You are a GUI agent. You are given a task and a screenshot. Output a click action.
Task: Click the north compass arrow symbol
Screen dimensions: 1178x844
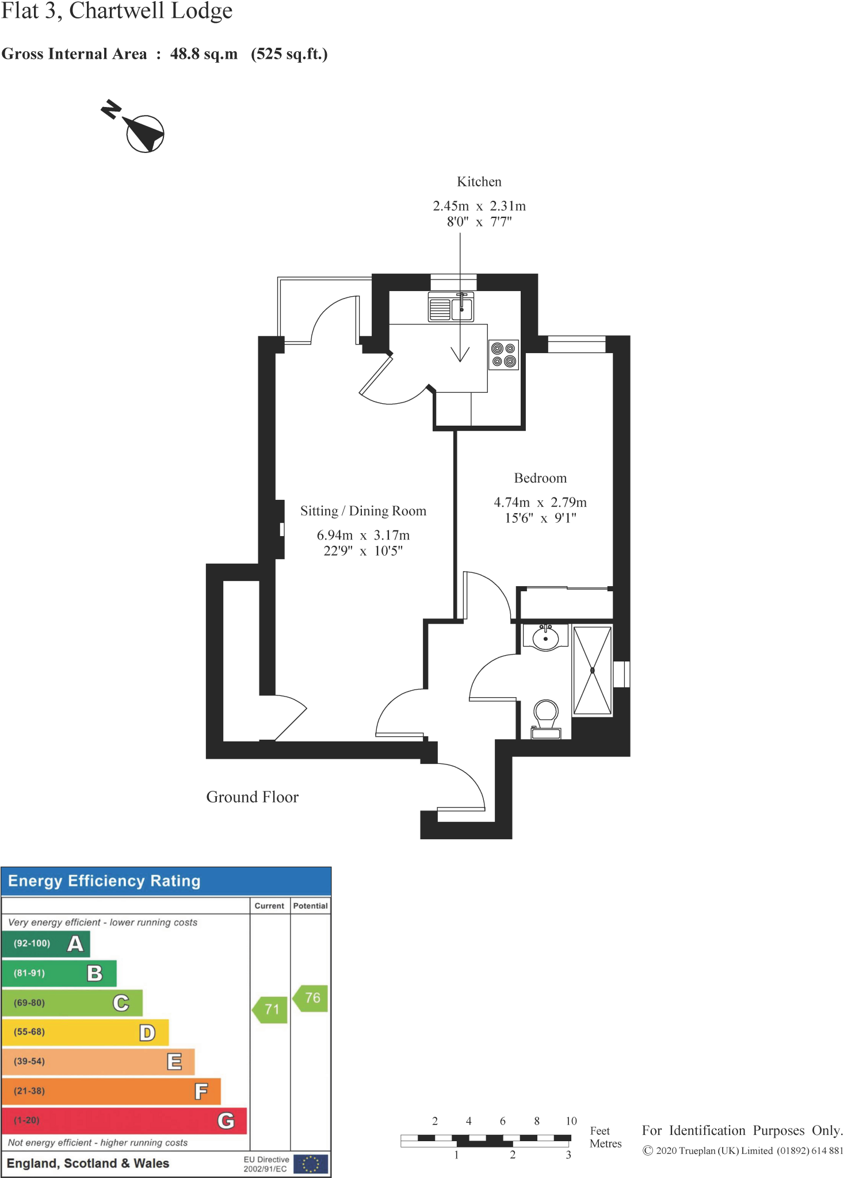144,133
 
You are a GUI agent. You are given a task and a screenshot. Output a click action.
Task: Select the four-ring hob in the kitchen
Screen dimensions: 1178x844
503,355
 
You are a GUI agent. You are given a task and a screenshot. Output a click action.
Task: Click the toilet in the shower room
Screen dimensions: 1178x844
546,718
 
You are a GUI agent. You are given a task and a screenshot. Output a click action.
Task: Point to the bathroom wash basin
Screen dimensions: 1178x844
545,637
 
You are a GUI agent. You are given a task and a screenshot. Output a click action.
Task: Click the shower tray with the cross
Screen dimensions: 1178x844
592,671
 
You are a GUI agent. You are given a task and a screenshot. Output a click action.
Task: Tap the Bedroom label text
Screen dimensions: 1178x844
540,478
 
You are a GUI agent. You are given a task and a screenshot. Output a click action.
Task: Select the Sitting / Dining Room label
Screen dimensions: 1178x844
363,511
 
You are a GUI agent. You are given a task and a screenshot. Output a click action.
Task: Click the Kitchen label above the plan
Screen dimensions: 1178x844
479,182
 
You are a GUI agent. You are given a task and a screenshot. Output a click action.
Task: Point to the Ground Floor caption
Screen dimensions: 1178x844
252,797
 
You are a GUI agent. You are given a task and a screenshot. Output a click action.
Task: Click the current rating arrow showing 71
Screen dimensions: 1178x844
270,1009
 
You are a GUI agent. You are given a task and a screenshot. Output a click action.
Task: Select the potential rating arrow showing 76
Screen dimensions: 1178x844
311,997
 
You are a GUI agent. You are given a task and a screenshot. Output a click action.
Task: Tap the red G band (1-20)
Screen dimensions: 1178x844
124,1120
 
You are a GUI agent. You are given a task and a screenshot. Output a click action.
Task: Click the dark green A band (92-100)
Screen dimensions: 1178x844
46,943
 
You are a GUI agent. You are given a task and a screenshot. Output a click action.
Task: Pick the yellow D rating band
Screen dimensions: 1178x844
85,1032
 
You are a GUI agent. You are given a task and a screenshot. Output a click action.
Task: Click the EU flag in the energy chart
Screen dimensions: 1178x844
310,1164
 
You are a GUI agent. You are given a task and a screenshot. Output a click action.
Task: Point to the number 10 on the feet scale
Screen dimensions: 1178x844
571,1120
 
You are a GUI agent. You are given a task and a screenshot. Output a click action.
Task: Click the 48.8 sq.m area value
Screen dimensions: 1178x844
204,54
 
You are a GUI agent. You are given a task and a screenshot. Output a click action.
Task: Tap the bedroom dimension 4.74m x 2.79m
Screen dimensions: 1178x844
540,502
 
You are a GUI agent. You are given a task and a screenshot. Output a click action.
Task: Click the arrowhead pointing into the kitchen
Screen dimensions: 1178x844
460,354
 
